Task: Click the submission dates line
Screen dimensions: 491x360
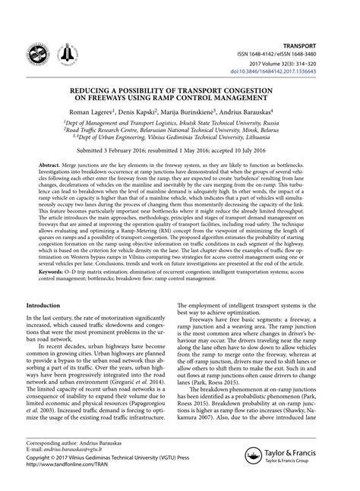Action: point(180,150)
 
